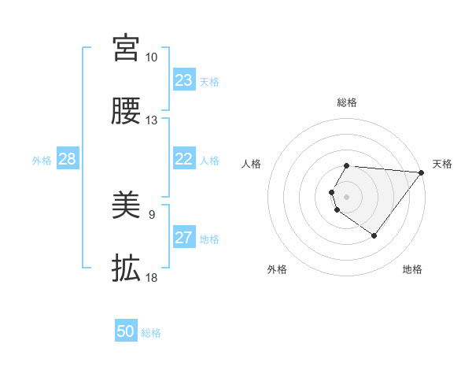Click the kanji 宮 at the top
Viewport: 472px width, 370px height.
coord(126,48)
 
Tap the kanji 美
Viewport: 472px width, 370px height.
coord(126,205)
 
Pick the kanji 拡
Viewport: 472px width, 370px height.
coord(126,268)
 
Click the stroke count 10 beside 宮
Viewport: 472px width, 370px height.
coord(151,57)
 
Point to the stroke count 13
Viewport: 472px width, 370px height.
coord(151,120)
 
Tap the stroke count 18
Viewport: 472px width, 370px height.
coord(151,278)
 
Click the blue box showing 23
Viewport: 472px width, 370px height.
coord(184,80)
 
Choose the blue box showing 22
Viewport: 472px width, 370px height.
coord(184,159)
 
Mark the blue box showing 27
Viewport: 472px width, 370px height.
coord(184,238)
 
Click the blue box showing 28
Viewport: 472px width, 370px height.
coord(67,159)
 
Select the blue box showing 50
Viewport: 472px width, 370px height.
coord(126,331)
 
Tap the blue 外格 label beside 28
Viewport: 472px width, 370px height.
coord(42,161)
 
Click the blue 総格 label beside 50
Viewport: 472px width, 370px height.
coord(151,333)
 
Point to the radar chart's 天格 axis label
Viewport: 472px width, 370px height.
coord(442,164)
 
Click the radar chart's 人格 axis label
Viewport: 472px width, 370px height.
coord(252,164)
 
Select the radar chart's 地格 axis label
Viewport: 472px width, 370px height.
coord(412,270)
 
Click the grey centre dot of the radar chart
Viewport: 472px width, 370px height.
coord(347,196)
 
